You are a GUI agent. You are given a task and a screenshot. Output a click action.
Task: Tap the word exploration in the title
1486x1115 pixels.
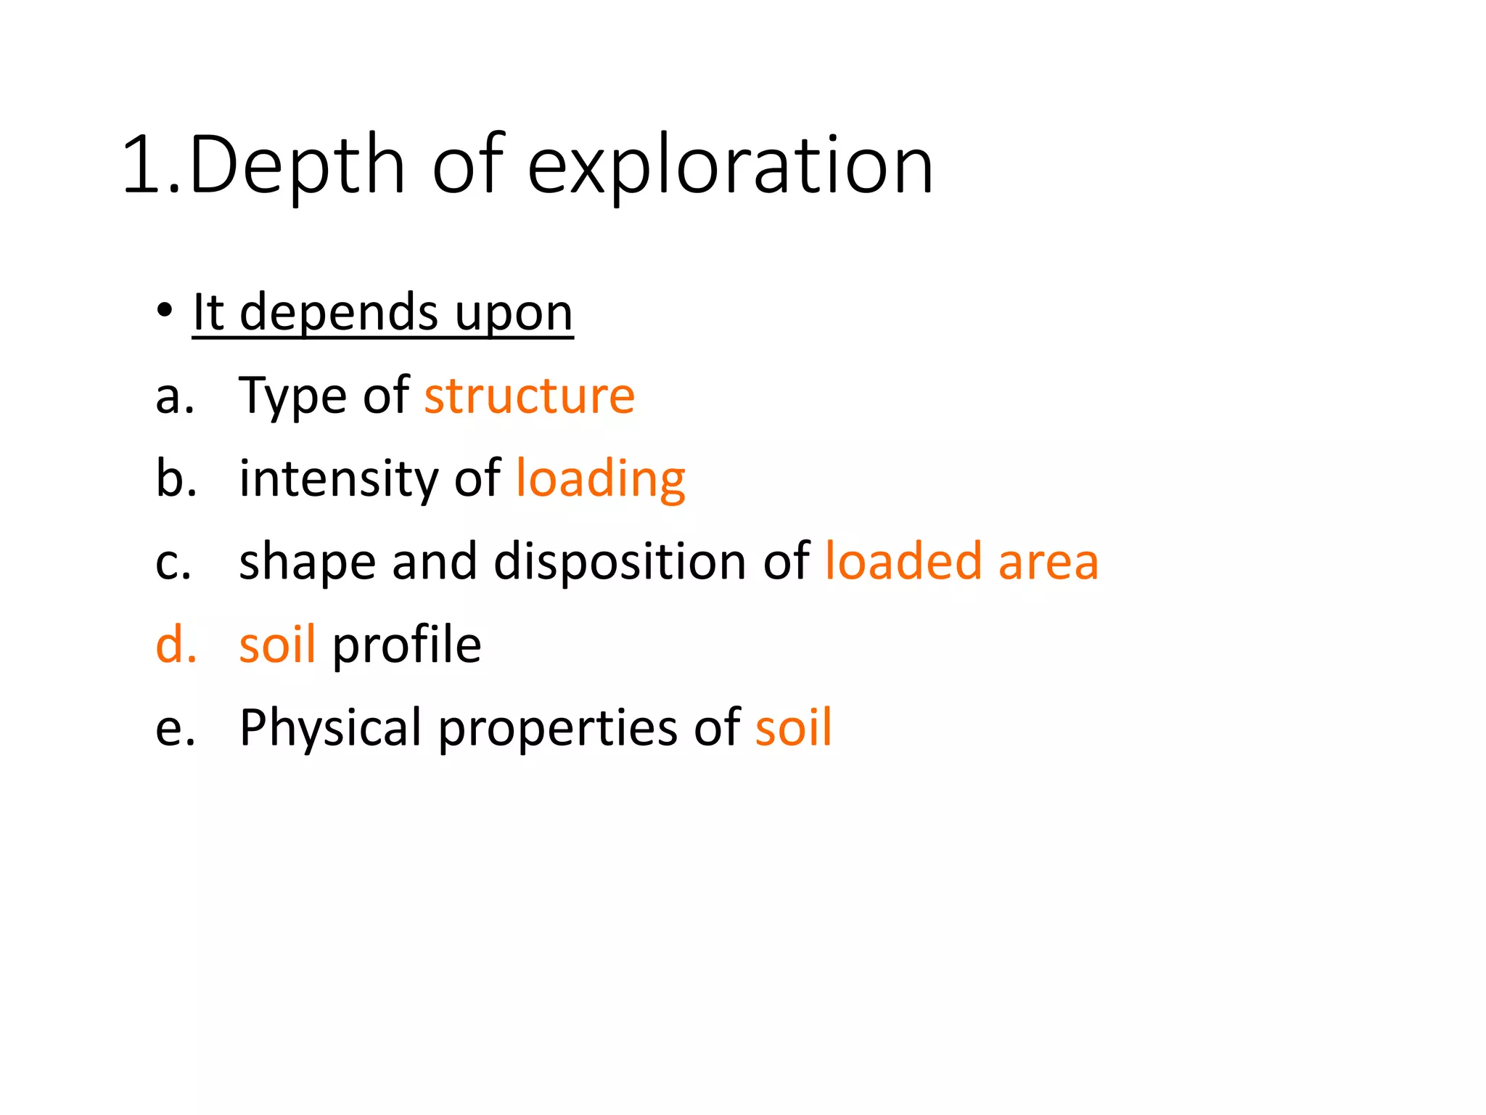730,167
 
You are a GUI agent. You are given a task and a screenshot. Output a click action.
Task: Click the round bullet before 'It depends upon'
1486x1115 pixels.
165,311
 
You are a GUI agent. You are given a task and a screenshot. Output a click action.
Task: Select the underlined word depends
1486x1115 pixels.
339,314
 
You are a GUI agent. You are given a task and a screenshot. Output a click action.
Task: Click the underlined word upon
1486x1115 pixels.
514,314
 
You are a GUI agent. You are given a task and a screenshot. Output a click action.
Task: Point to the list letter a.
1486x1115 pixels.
174,397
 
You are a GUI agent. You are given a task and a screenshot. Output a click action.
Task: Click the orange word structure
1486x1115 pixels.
530,396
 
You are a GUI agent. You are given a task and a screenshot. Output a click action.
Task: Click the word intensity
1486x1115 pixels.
339,479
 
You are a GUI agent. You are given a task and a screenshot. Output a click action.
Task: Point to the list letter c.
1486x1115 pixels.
173,563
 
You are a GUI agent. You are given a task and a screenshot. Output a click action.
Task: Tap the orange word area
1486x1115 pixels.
1048,563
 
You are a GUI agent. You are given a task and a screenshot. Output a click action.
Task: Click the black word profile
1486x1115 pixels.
406,645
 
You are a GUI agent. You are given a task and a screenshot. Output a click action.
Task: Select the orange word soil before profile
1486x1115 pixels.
277,645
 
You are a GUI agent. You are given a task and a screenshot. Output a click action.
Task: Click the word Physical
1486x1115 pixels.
330,728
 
